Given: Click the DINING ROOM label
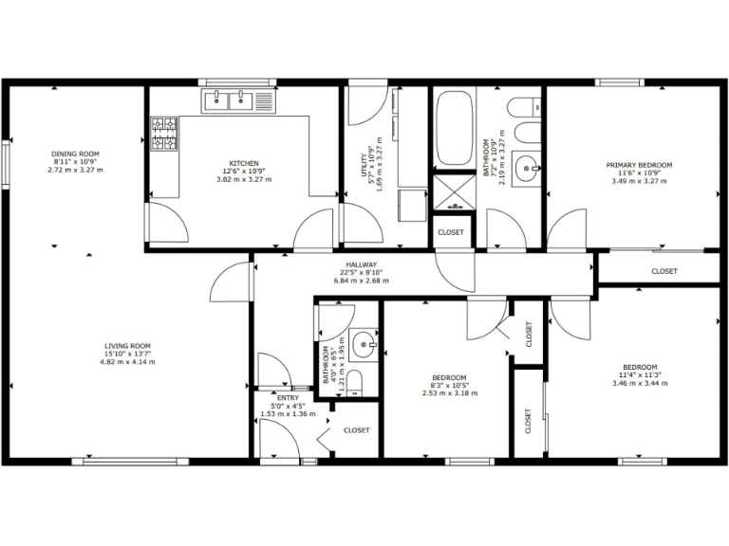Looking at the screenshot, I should pyautogui.click(x=75, y=154).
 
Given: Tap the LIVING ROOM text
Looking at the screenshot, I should pyautogui.click(x=127, y=346).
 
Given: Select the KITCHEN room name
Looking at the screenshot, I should pyautogui.click(x=238, y=163).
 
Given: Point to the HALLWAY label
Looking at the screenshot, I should pyautogui.click(x=362, y=264).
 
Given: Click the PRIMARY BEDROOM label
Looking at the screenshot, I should pyautogui.click(x=639, y=165).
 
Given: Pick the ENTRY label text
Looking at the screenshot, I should pyautogui.click(x=287, y=398).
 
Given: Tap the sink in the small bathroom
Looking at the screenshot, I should pyautogui.click(x=361, y=345).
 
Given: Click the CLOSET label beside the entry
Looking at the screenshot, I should pyautogui.click(x=357, y=430).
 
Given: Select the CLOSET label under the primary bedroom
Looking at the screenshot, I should pyautogui.click(x=664, y=272).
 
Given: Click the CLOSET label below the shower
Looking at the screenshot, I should pyautogui.click(x=451, y=232).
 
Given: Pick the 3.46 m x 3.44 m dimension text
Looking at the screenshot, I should pyautogui.click(x=639, y=383).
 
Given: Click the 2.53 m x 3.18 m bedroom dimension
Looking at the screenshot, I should pyautogui.click(x=449, y=392).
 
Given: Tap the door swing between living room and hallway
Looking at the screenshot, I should pyautogui.click(x=230, y=284).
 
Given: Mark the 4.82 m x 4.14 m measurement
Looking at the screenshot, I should pyautogui.click(x=127, y=362).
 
